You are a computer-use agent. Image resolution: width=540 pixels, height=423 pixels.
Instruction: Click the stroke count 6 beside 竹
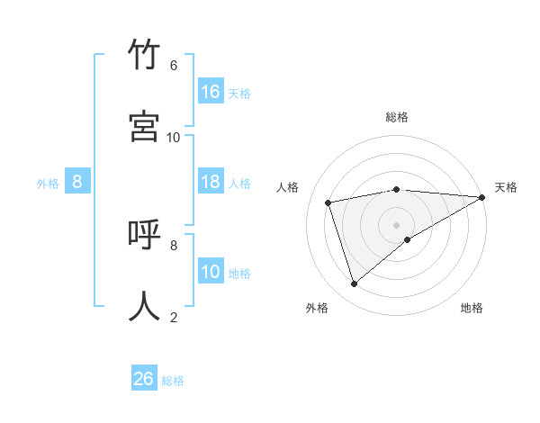click(174, 66)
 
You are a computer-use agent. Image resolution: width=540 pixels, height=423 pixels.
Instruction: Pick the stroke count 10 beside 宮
click(174, 137)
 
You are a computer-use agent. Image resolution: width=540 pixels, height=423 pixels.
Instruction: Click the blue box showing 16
click(211, 91)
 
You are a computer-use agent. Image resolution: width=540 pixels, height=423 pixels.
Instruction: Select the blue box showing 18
click(211, 182)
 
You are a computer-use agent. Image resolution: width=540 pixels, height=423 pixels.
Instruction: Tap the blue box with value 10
click(211, 272)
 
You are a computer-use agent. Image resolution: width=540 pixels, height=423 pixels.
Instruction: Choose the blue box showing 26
click(144, 379)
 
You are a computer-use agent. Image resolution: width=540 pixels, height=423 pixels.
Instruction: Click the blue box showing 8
click(77, 182)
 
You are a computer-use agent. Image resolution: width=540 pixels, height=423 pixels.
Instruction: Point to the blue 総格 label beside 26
click(173, 381)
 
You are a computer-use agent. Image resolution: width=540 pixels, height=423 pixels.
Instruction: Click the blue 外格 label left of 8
click(48, 184)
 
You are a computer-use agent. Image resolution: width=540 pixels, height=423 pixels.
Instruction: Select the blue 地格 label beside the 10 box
click(239, 274)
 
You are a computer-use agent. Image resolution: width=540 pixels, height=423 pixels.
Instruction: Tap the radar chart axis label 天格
click(506, 187)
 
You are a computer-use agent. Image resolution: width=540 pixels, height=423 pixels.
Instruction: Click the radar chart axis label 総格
click(397, 117)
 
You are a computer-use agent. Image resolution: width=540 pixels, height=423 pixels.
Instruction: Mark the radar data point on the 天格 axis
click(481, 197)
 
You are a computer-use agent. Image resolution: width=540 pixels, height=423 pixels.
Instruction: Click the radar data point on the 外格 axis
click(354, 284)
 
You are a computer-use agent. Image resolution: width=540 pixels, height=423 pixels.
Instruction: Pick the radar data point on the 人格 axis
click(329, 202)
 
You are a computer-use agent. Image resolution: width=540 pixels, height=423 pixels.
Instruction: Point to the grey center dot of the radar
click(397, 224)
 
